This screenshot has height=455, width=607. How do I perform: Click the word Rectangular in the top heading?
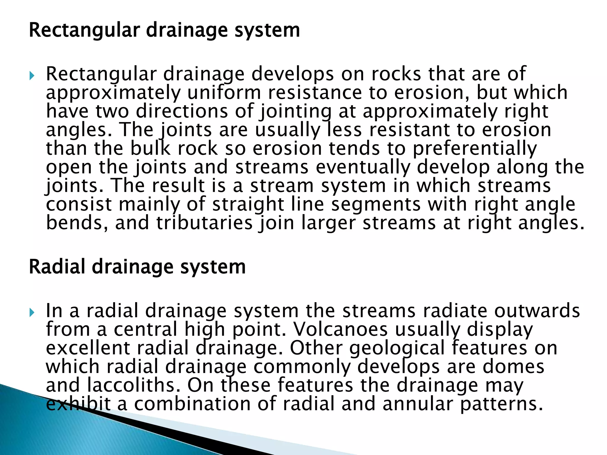84,31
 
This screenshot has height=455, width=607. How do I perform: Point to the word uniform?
224,93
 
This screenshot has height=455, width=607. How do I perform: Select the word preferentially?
475,149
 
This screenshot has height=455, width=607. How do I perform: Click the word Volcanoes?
340,329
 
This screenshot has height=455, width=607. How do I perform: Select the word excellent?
88,348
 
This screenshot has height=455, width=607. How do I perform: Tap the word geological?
397,348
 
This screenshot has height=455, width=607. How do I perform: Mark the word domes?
513,366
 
